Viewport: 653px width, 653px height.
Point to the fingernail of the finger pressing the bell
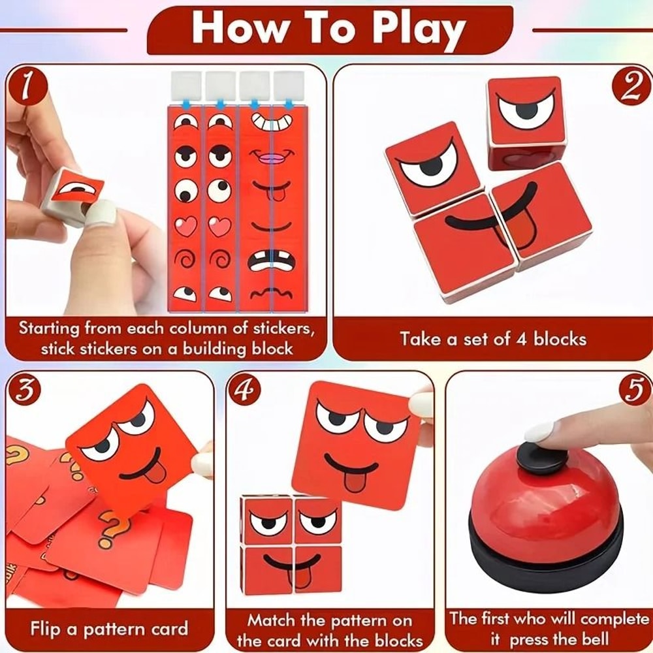tap(539, 432)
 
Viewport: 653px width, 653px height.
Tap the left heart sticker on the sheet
tap(186, 227)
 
